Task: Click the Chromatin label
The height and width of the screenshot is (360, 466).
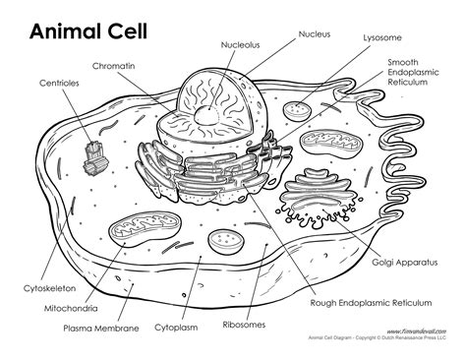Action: click(114, 68)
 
